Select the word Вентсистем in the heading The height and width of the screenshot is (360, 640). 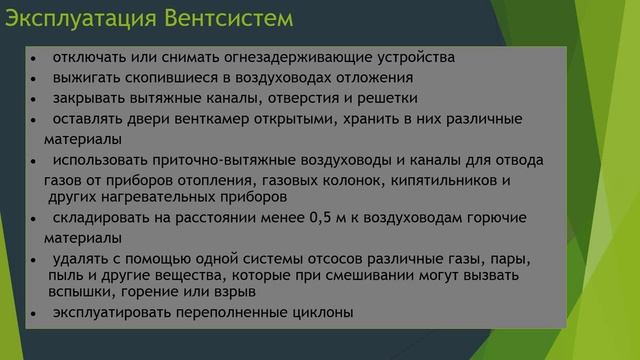231,18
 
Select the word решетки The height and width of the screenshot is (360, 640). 387,98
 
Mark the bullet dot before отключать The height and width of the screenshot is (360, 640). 35,59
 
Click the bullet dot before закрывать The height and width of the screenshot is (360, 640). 35,100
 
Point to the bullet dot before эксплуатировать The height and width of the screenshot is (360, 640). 35,315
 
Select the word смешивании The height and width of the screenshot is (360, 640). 373,275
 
